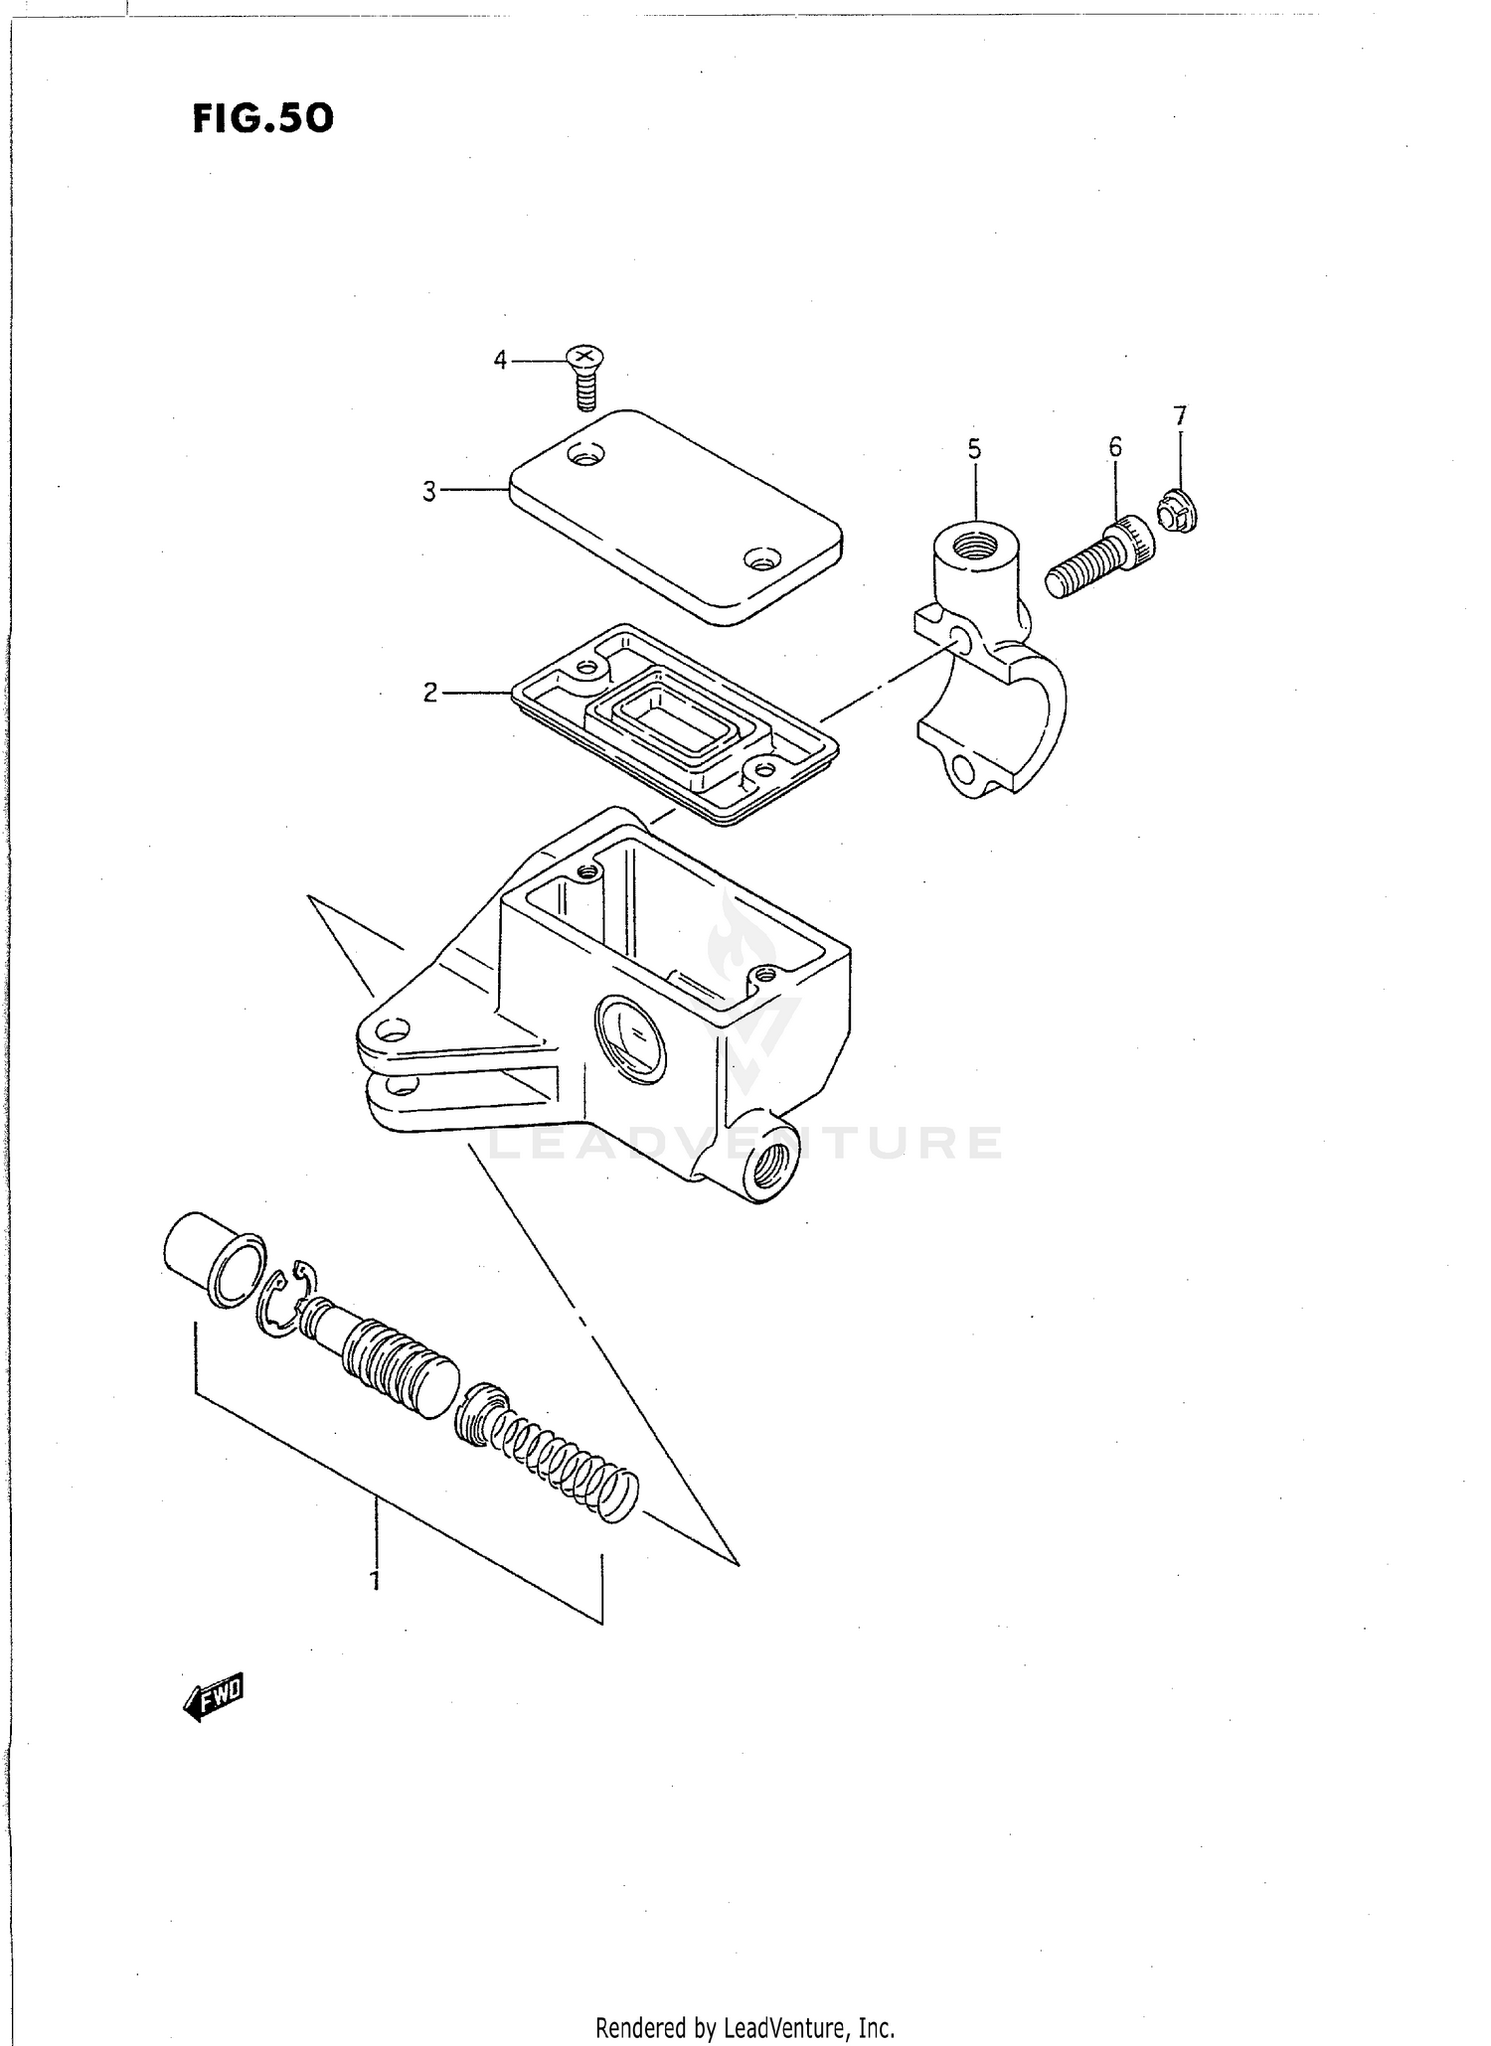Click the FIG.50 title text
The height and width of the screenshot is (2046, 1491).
tap(263, 118)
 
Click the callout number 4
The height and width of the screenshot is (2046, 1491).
tap(500, 360)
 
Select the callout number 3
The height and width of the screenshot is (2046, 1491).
tap(428, 491)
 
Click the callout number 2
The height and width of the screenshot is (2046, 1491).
tap(429, 693)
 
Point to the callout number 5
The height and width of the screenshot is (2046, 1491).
tap(974, 449)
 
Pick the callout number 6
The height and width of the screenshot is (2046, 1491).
tap(1115, 447)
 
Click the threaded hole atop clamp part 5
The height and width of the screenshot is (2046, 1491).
tap(976, 545)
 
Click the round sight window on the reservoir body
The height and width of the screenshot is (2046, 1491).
tap(629, 1039)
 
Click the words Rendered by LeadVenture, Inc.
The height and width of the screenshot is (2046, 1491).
tap(745, 2026)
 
